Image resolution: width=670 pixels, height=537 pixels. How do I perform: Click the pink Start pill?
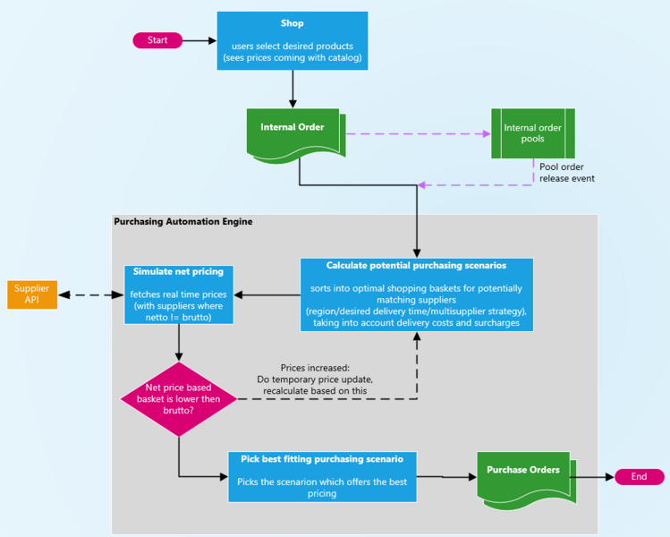pos(157,40)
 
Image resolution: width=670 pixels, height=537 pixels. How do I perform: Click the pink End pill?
pos(639,476)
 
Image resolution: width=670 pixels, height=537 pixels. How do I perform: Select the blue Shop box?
pos(293,40)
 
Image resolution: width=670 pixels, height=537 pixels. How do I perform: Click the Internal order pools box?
pos(532,133)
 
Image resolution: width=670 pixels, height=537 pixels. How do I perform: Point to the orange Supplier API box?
pos(32,294)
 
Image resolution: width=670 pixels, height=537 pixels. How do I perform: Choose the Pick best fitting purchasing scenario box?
pos(322,476)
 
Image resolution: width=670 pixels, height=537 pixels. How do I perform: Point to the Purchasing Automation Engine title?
pos(182,221)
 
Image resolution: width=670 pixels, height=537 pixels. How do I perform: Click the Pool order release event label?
pos(567,172)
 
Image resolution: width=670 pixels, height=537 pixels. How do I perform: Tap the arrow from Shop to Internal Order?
pos(293,89)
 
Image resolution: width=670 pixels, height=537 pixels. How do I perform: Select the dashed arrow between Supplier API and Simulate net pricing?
pos(90,294)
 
